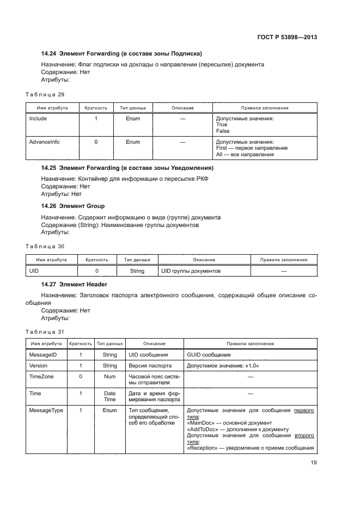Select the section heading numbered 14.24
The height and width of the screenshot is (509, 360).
point(121,53)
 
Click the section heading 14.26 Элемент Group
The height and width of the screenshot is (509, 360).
point(73,206)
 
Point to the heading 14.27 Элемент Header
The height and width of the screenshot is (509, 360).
point(74,284)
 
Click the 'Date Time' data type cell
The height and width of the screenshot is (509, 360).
point(109,396)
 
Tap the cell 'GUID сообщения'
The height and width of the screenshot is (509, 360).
point(209,355)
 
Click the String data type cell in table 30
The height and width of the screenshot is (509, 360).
point(137,271)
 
